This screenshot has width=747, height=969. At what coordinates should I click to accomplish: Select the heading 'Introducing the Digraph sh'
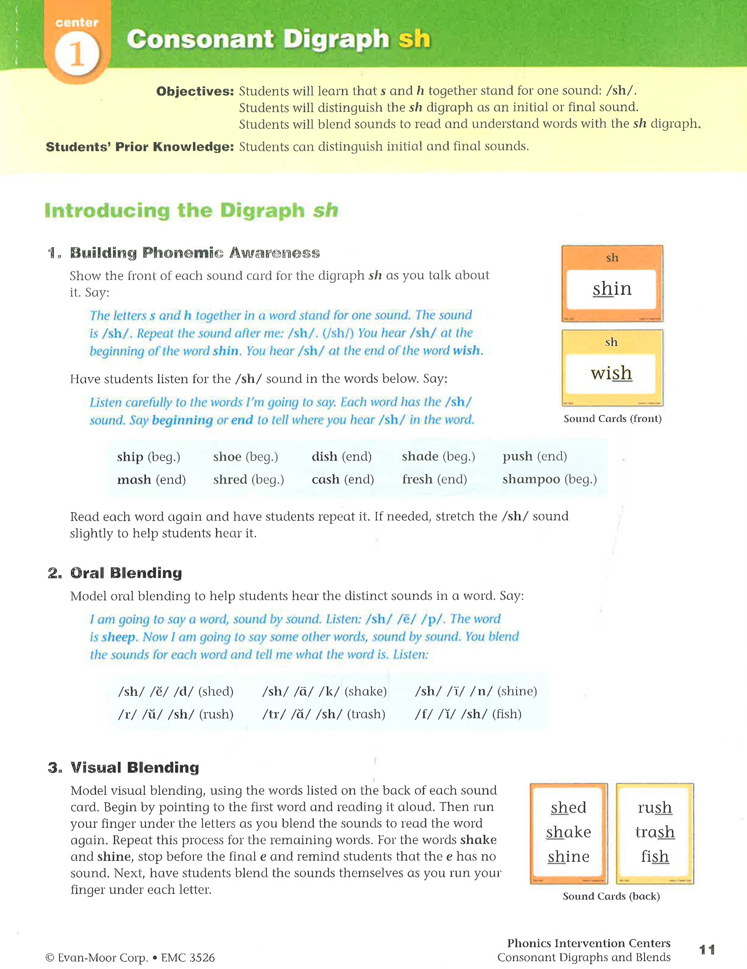[191, 210]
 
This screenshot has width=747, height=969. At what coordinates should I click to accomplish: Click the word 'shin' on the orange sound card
[612, 289]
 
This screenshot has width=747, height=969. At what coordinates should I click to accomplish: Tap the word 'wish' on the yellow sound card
[611, 373]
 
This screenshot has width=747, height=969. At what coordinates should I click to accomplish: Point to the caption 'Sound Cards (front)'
[612, 419]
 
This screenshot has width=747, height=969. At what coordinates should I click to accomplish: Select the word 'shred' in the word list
[230, 480]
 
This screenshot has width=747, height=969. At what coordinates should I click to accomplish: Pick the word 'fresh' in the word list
[417, 480]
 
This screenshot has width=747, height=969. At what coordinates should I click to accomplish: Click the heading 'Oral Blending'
[126, 573]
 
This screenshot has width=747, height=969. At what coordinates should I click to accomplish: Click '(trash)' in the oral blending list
[366, 714]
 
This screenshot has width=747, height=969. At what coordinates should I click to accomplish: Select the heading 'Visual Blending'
[134, 768]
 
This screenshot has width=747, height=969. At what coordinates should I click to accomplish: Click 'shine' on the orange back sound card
[568, 857]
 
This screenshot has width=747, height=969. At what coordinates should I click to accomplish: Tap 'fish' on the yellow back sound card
[654, 857]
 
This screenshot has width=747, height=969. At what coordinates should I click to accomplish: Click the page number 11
[707, 950]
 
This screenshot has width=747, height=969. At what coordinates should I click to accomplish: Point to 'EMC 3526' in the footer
[188, 958]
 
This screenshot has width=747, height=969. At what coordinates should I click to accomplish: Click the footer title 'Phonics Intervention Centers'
[588, 943]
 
